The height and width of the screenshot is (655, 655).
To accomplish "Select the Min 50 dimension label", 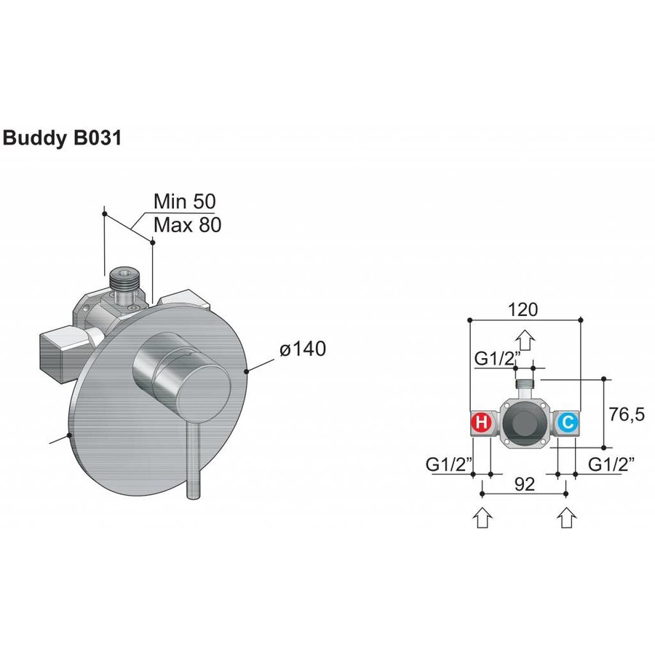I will coord(185,202).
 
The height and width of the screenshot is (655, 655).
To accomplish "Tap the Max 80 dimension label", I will coord(187,225).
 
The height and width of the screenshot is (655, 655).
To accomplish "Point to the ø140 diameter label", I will coord(302,349).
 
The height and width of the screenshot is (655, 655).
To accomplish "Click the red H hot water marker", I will coord(481,421).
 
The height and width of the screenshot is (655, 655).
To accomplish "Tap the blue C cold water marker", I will coord(568,421).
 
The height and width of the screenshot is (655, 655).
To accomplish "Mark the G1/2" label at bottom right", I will coord(611,464).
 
